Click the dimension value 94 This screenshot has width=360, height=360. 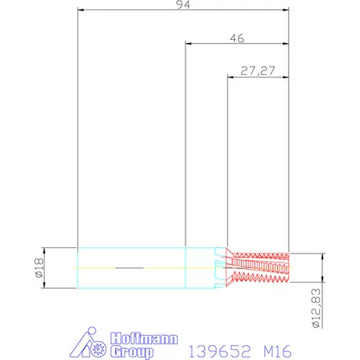click(182, 5)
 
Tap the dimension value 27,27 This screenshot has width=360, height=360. click(257, 70)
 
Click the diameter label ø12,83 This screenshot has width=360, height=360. click(315, 308)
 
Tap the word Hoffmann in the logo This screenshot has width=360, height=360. click(139, 338)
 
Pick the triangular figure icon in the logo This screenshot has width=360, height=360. click(85, 344)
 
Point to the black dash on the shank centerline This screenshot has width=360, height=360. click(129, 268)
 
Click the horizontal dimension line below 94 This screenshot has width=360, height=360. click(182, 11)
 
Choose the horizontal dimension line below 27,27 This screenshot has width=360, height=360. click(257, 77)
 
